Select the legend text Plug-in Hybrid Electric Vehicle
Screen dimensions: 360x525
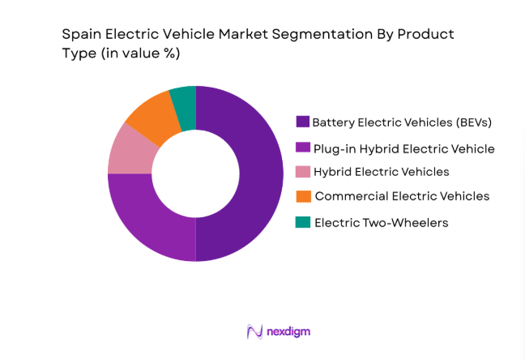click(x=403, y=148)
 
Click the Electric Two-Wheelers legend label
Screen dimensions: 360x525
click(x=380, y=221)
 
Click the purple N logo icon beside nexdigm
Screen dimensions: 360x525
click(x=254, y=332)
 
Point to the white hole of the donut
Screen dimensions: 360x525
click(x=195, y=174)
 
